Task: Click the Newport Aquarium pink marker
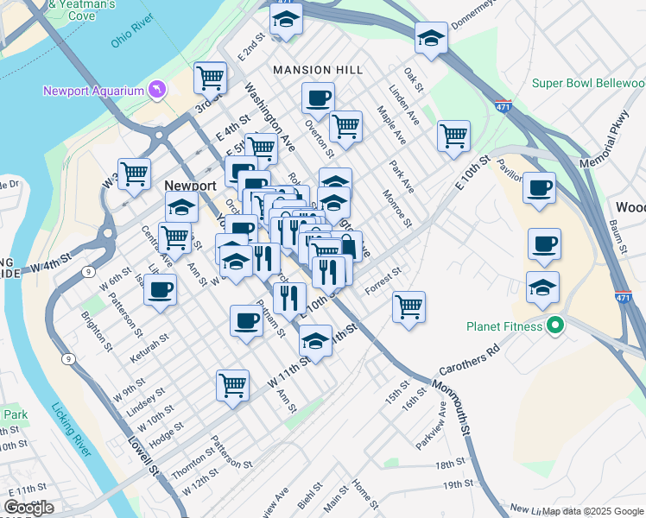(156, 88)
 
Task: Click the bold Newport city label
(190, 186)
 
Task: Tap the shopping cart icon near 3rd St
(210, 78)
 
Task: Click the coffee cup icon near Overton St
(318, 98)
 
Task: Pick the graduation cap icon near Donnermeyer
(431, 38)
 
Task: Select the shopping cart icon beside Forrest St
(408, 306)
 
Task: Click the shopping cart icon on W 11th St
(232, 384)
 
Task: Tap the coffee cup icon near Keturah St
(160, 289)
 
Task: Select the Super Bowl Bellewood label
(587, 84)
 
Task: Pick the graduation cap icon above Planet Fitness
(542, 287)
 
